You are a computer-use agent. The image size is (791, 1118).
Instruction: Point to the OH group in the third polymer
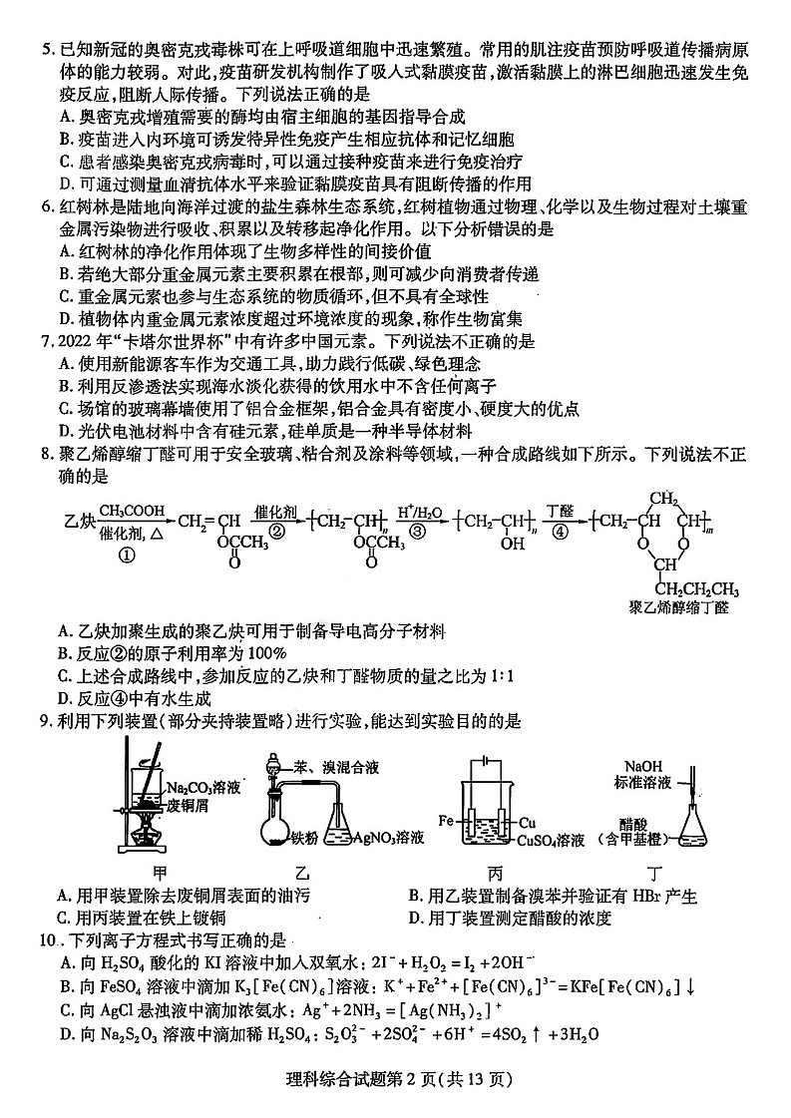[513, 545]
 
